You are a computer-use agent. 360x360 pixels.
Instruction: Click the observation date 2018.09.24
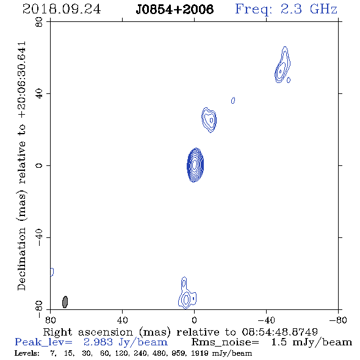(x=62, y=9)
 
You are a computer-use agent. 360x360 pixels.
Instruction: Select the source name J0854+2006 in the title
(x=175, y=9)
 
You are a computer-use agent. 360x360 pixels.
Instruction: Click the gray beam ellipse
(x=65, y=302)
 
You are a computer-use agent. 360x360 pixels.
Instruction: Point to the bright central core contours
(x=195, y=165)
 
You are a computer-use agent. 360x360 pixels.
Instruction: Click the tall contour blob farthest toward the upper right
(x=283, y=65)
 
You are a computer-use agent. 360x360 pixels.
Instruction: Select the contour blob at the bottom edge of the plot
(x=187, y=293)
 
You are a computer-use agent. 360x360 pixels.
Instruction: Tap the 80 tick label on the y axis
(x=39, y=22)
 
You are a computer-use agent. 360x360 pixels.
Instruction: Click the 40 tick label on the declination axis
(x=39, y=94)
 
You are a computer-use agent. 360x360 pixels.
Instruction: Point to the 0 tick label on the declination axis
(x=39, y=165)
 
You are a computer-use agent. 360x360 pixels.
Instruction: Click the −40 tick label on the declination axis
(x=39, y=237)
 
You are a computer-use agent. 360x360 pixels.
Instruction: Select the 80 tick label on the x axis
(x=50, y=320)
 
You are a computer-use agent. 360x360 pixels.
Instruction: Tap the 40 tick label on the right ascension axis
(x=122, y=320)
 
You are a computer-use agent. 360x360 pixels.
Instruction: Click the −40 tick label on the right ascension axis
(x=266, y=320)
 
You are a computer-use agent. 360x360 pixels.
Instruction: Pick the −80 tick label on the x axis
(x=338, y=320)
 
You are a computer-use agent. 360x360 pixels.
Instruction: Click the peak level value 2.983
(x=98, y=342)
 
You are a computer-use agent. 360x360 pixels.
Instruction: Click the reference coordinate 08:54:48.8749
(x=280, y=332)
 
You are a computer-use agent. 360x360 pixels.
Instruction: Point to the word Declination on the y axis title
(x=21, y=259)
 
